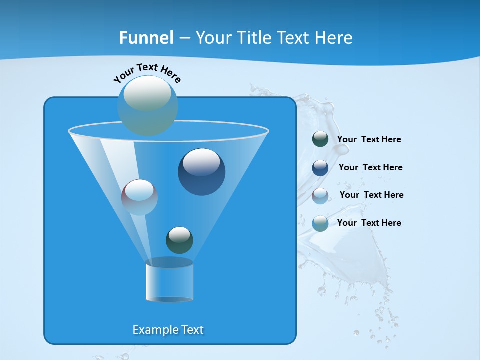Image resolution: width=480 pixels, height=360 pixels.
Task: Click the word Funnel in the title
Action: coord(146,38)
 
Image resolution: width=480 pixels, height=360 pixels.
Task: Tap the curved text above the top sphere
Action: coord(147,72)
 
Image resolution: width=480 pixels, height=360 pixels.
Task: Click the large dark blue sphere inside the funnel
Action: coord(201,172)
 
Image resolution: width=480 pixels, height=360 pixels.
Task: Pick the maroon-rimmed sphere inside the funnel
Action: coord(139,197)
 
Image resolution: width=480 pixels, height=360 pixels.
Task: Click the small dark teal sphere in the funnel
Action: coord(179,240)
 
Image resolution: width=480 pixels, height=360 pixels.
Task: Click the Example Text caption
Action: coord(168,330)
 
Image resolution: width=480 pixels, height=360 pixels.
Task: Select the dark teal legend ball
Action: coord(320,139)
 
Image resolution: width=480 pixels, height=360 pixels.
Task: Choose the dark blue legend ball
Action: coord(320,168)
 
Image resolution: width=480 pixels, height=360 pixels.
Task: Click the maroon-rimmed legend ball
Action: coord(320,196)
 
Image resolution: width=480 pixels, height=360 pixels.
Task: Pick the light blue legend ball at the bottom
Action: coord(320,223)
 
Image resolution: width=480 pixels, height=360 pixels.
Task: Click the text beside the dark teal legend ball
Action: coord(369,139)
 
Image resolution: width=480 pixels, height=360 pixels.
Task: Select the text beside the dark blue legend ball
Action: coord(370,167)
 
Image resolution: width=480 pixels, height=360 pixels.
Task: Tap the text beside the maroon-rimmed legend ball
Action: coord(371,195)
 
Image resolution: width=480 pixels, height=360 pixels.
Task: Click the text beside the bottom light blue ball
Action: coord(369,223)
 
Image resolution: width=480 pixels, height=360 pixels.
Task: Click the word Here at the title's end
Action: coord(335,38)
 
